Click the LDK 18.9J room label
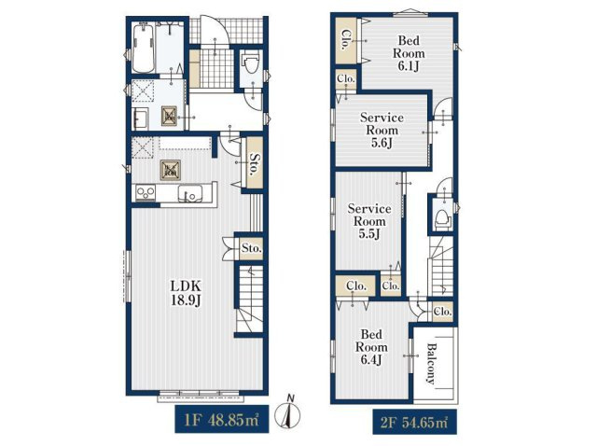pos(186,292)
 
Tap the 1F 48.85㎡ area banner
pos(222,419)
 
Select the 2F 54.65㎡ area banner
pos(414,422)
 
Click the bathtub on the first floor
pos(144,48)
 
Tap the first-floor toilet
pos(251,65)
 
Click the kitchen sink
pos(190,193)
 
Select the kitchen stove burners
pos(146,193)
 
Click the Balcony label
pos(431,363)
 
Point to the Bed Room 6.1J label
pos(409,53)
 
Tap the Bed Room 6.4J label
pos(371,347)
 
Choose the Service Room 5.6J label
pos(382,130)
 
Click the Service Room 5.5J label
pos(369,221)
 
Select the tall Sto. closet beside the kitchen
pos(254,162)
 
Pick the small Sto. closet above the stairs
pos(251,249)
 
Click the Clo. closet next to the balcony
pos(442,312)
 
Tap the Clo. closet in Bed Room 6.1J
pos(346,40)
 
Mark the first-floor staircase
pos(250,299)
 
